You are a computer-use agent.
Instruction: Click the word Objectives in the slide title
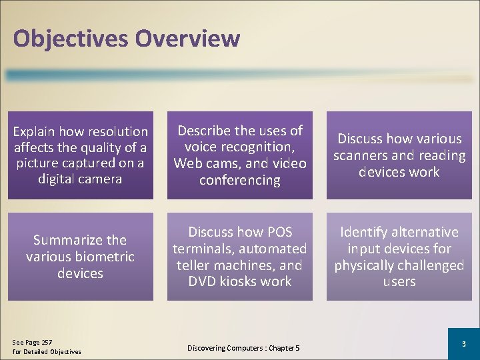[71, 39]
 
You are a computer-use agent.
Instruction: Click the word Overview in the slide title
[187, 38]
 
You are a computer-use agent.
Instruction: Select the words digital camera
[80, 179]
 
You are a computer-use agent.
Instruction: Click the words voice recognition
[239, 147]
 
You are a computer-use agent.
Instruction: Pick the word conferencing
[239, 180]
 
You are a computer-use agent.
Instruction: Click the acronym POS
[279, 232]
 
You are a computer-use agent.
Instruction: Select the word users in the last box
[399, 281]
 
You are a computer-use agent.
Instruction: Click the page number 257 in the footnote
[45, 342]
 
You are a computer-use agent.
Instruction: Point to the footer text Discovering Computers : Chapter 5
[243, 348]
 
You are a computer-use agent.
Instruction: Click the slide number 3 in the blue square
[463, 343]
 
